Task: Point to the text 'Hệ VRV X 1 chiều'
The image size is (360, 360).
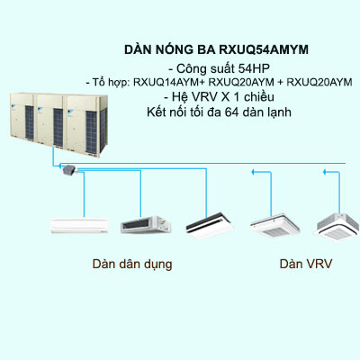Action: point(237,97)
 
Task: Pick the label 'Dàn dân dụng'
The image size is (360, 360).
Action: point(131,266)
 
